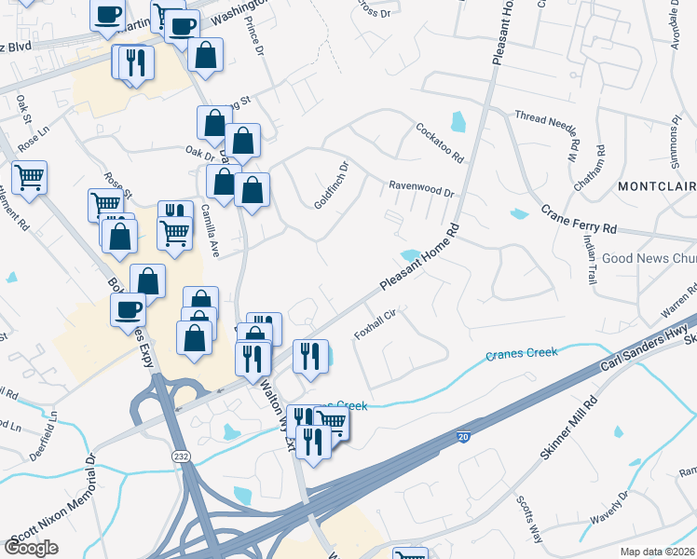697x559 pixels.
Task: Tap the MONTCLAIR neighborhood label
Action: [656, 187]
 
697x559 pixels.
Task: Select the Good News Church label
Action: [649, 258]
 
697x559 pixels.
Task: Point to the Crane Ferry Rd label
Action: [579, 220]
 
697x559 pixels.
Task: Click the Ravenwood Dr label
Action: [420, 188]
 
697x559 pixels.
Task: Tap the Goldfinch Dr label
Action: [331, 184]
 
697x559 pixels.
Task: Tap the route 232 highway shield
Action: [181, 457]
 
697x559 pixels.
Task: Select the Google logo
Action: [31, 548]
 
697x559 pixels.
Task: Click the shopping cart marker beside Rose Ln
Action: [29, 176]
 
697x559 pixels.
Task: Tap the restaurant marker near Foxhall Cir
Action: [310, 356]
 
